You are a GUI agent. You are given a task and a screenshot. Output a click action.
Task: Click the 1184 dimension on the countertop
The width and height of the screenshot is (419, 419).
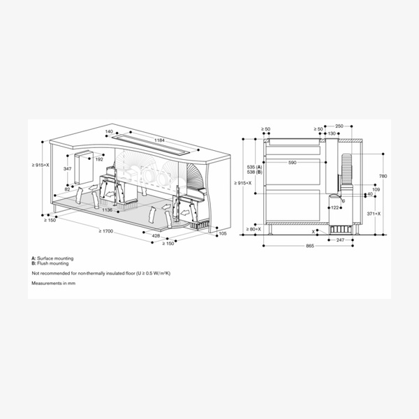click(159, 140)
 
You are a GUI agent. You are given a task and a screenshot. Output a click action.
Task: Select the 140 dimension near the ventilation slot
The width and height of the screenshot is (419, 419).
click(108, 131)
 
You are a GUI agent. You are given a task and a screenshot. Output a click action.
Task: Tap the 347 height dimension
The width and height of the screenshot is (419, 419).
click(67, 169)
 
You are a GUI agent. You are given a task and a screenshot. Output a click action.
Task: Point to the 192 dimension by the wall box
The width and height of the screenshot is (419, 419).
click(99, 159)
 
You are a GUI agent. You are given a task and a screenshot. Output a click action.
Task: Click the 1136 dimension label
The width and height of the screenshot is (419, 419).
click(107, 209)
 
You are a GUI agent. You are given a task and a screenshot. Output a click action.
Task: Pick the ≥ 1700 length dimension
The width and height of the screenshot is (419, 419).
click(106, 230)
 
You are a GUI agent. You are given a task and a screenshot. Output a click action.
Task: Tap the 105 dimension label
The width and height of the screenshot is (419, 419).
click(223, 233)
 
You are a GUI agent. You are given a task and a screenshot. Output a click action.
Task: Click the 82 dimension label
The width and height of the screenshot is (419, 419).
click(67, 189)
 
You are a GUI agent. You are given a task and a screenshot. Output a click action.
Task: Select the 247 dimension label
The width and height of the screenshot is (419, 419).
click(340, 240)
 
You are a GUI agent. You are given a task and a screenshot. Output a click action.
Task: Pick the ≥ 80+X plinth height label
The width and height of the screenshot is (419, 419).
click(253, 229)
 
